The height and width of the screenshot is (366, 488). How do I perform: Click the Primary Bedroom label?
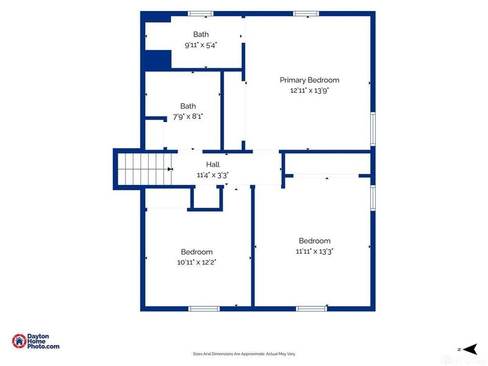309,81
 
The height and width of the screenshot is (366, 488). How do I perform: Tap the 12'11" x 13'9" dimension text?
310,90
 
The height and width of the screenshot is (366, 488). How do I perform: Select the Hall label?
213,164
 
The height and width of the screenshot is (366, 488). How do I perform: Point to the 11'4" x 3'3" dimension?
213,175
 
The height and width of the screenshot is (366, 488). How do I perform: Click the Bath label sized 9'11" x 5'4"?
201,34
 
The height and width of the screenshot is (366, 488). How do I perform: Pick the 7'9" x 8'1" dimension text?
188,117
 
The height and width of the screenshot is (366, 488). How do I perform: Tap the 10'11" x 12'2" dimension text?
196,262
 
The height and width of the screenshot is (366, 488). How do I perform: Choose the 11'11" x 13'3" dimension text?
315,251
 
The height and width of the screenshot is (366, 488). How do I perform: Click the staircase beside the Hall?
145,170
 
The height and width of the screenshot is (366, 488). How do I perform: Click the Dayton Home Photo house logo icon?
19,341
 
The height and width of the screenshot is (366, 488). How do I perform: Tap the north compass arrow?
470,349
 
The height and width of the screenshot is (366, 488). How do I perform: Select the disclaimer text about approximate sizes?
244,354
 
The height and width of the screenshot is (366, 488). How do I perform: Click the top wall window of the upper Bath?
201,13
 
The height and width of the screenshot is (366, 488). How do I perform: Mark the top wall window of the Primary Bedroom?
306,13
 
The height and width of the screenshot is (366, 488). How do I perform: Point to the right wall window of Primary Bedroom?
373,129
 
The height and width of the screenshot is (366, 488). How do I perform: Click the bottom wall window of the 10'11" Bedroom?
204,309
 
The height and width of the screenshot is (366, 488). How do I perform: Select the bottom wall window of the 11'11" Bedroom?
311,309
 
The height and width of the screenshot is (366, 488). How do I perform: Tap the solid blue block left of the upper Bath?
158,60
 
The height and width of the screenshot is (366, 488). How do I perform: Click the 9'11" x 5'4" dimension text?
201,45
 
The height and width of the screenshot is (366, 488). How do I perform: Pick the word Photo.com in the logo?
43,346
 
